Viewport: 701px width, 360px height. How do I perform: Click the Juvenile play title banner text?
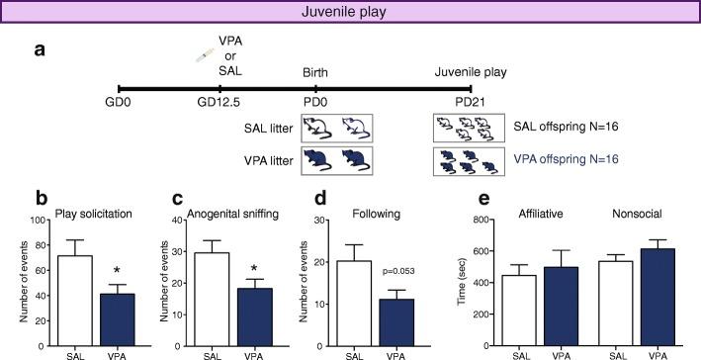350,13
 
